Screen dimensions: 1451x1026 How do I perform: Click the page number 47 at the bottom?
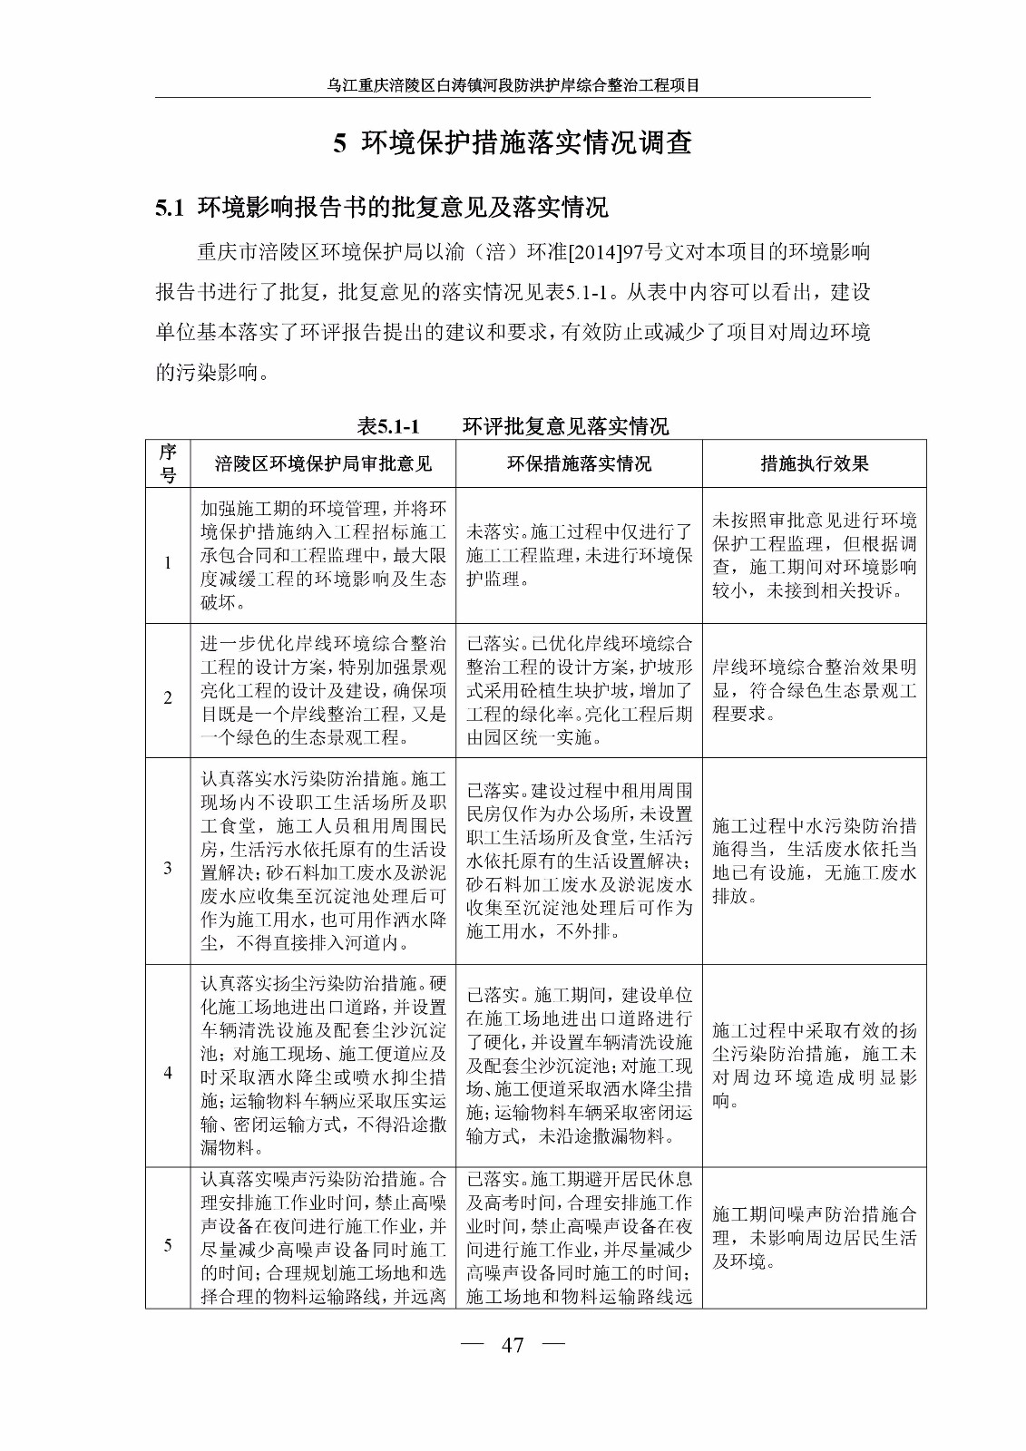pyautogui.click(x=513, y=1345)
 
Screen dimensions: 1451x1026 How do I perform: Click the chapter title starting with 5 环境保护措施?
pyautogui.click(x=513, y=143)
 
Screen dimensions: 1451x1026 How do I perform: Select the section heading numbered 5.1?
pyautogui.click(x=381, y=208)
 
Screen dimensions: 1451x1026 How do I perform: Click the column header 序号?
pyautogui.click(x=168, y=463)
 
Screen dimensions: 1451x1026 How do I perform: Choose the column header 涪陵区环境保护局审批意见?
pyautogui.click(x=323, y=464)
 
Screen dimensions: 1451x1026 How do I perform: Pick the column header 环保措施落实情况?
pyautogui.click(x=579, y=464)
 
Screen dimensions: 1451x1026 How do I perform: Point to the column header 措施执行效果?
pyautogui.click(x=814, y=464)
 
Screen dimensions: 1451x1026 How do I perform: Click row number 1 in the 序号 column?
pyautogui.click(x=168, y=563)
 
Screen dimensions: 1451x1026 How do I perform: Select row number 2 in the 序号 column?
pyautogui.click(x=168, y=697)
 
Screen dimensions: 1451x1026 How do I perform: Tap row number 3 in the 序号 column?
pyautogui.click(x=168, y=869)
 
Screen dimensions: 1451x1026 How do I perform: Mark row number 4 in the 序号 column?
pyautogui.click(x=168, y=1073)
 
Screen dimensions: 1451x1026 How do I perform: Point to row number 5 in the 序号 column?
pyautogui.click(x=168, y=1245)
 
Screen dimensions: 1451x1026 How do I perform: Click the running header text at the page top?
pyautogui.click(x=513, y=86)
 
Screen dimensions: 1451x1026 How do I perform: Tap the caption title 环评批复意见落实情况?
pyautogui.click(x=565, y=426)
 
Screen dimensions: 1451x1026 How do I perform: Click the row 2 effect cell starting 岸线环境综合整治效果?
pyautogui.click(x=814, y=690)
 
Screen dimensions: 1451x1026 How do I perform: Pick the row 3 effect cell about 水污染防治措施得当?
pyautogui.click(x=814, y=861)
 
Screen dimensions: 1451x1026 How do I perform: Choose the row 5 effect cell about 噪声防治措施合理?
pyautogui.click(x=814, y=1238)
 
